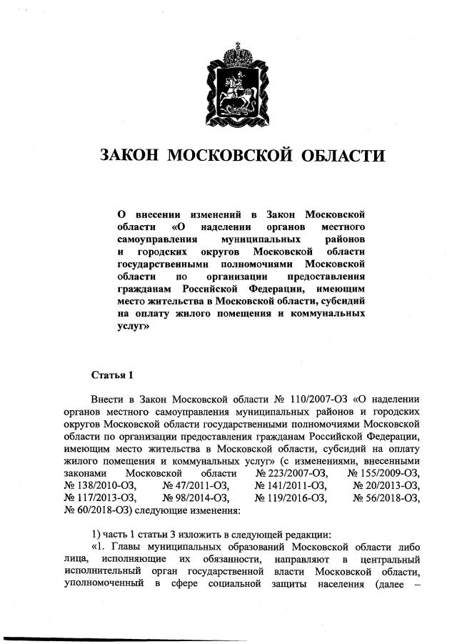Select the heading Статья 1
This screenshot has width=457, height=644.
112,375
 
